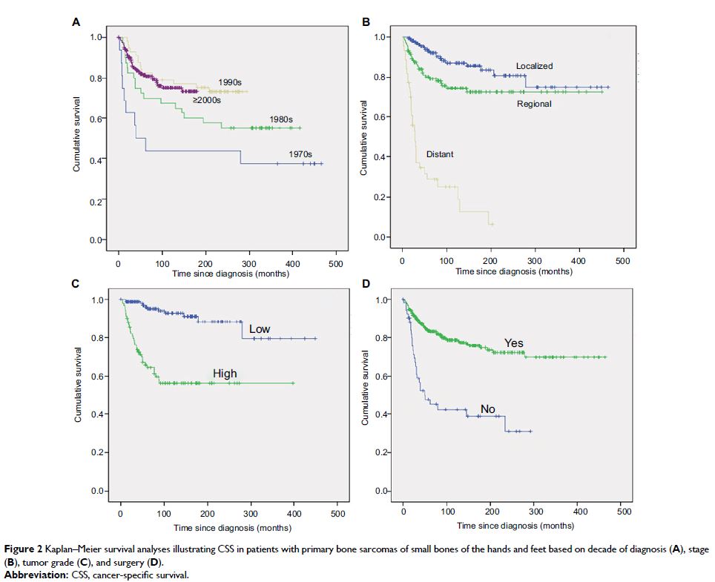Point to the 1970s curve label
coord(303,153)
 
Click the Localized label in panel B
coord(535,66)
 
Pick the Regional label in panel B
coord(534,104)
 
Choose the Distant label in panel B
coord(440,154)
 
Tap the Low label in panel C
coord(260,328)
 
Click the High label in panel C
coord(225,374)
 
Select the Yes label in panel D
coord(514,343)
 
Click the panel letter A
coord(76,22)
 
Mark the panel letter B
coord(365,22)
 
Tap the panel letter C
coord(76,282)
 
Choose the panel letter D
coord(365,282)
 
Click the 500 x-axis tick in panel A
coord(336,263)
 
